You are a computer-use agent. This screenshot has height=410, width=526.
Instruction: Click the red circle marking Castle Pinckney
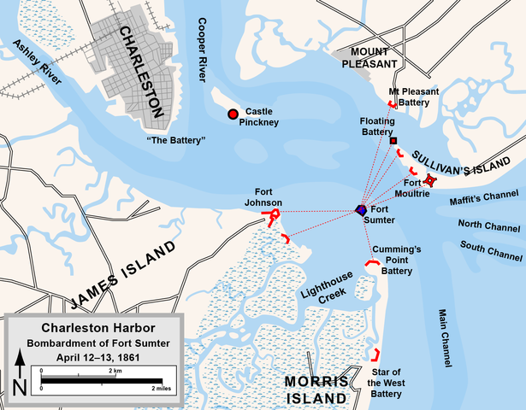232,114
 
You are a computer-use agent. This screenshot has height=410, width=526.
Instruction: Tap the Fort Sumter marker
362,210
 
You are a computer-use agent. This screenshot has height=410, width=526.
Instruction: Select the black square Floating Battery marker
393,140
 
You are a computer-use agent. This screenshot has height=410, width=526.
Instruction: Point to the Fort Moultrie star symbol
431,180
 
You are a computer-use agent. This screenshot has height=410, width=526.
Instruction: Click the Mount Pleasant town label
369,57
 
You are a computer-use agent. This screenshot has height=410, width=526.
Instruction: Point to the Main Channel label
445,337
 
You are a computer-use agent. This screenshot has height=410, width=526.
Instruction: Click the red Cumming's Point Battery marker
374,264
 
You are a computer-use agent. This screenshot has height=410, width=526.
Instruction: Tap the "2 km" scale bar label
115,371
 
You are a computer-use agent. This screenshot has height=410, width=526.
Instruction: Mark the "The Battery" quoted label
175,139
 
